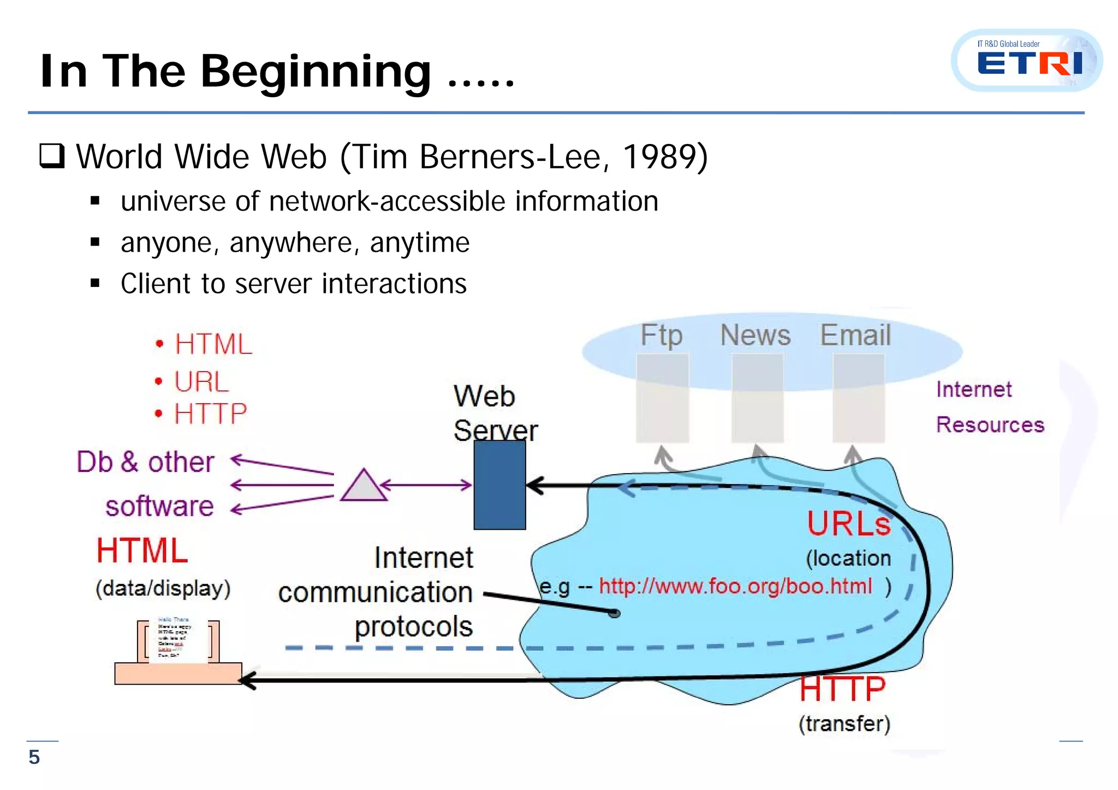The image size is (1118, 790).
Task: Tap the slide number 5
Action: (x=34, y=757)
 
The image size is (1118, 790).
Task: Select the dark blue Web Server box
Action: (x=499, y=485)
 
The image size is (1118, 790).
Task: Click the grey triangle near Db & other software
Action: (x=364, y=486)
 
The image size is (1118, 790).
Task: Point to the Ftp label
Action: (x=661, y=335)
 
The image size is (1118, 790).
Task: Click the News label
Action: (x=755, y=335)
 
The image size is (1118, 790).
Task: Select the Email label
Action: (x=855, y=335)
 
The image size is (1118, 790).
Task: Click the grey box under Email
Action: (x=858, y=398)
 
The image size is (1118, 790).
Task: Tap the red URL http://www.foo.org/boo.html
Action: (x=735, y=586)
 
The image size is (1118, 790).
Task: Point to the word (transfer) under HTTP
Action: (x=844, y=724)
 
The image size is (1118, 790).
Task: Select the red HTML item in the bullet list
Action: (x=213, y=344)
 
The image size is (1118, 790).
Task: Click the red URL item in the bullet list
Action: (x=201, y=381)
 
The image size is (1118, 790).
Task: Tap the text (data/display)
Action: (x=163, y=589)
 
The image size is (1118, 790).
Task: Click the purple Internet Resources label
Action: (x=989, y=407)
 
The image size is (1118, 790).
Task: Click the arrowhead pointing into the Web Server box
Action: (x=536, y=485)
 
